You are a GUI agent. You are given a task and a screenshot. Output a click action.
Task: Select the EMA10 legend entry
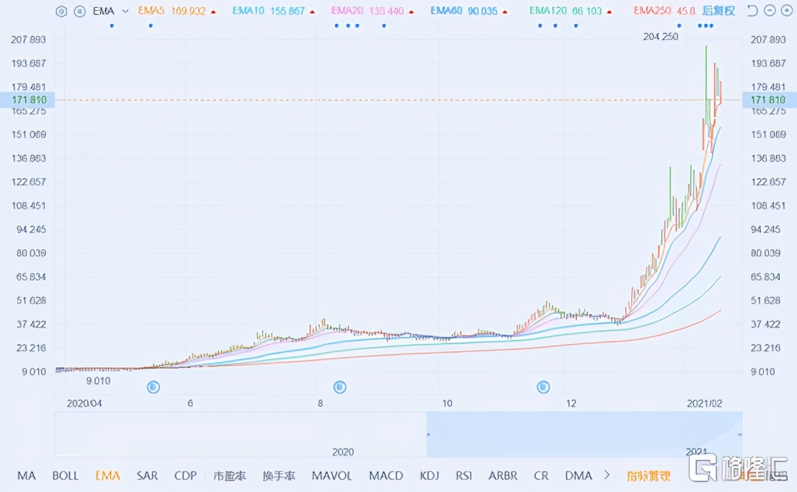[x=268, y=12]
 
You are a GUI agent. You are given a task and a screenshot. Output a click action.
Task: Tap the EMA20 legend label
[x=367, y=12]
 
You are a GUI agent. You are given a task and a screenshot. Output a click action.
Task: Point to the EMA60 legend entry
[x=463, y=12]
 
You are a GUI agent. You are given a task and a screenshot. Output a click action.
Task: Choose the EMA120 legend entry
[x=566, y=12]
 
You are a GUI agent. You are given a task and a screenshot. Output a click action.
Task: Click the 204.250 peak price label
[x=660, y=37]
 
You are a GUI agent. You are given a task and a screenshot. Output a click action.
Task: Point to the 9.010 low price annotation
[x=98, y=381]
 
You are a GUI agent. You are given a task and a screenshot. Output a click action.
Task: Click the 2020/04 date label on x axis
[x=84, y=403]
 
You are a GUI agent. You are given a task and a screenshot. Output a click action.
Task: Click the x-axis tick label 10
[x=447, y=403]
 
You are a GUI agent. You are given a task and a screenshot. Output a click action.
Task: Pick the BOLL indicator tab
[x=66, y=476]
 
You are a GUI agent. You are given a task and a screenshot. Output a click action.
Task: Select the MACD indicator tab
[x=386, y=476]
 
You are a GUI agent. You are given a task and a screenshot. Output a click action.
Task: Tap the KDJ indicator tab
[x=429, y=476]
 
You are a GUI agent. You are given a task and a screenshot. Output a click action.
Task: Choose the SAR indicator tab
[x=147, y=476]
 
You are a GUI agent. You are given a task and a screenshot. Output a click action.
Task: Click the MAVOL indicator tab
[x=331, y=476]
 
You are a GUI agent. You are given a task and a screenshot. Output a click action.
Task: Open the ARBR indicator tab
[x=502, y=476]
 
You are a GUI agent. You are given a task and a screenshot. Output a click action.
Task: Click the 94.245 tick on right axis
[x=767, y=229]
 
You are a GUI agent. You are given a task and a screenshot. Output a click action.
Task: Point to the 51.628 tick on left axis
[x=29, y=300]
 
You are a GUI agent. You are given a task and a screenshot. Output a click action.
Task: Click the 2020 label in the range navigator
[x=343, y=452]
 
